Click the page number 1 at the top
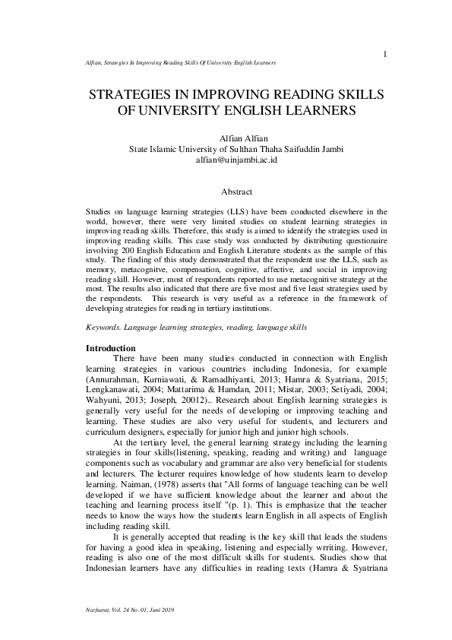click(x=386, y=53)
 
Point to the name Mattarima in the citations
click(x=193, y=386)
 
